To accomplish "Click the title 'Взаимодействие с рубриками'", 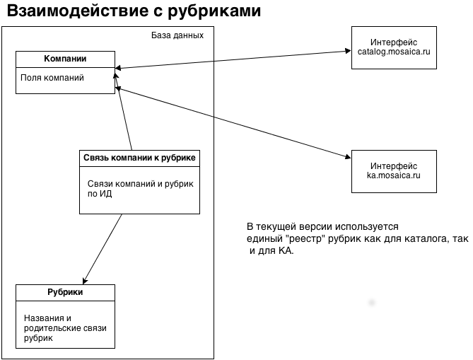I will [x=134, y=12].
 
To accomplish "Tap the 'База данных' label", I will [x=177, y=35].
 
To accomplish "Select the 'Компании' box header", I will [x=65, y=57].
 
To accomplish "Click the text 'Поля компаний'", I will [x=52, y=78].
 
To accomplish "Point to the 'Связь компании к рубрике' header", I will [x=139, y=157].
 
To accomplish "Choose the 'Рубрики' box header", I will [x=65, y=291].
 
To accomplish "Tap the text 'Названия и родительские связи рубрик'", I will [x=63, y=328].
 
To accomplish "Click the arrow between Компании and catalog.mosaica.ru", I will [x=233, y=59].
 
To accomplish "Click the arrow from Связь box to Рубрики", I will [x=103, y=248].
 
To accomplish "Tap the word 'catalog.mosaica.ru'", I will [x=394, y=52].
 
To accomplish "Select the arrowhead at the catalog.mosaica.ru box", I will [x=348, y=51].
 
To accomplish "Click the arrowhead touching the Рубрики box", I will [x=86, y=281].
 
